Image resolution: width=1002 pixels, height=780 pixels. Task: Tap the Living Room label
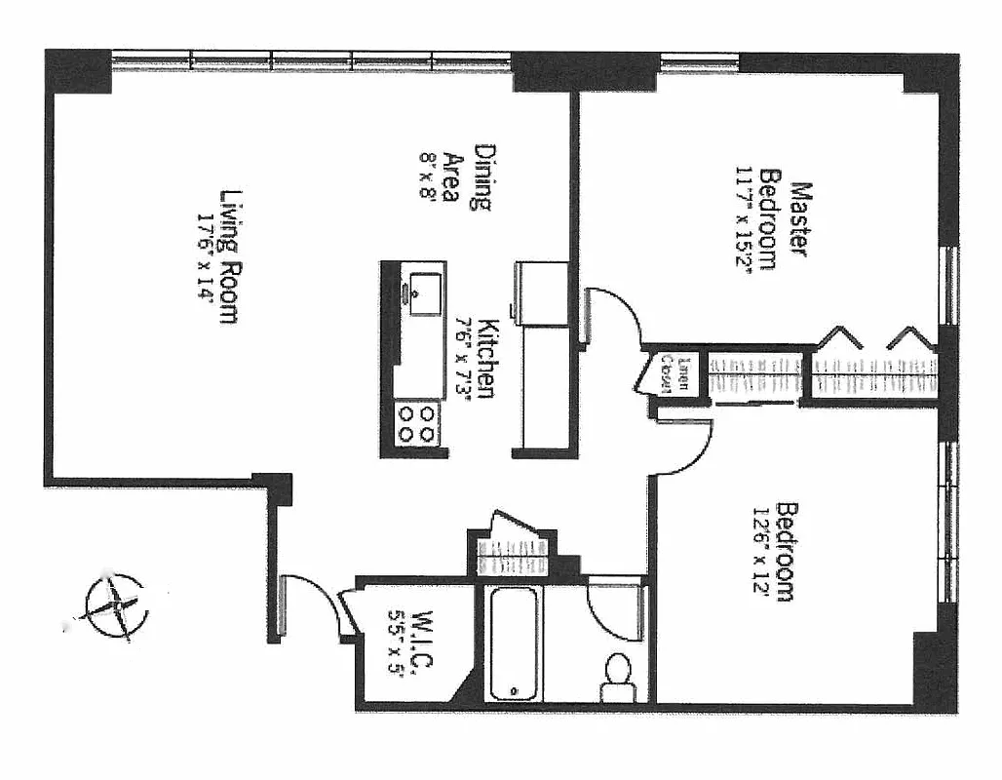229,255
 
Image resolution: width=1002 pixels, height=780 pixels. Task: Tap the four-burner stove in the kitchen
417,422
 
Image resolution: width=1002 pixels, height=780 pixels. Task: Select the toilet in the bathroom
617,676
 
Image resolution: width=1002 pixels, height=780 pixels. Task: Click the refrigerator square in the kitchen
542,293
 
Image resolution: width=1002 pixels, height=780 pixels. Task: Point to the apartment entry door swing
310,604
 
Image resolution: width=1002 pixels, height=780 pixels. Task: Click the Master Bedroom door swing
611,314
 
